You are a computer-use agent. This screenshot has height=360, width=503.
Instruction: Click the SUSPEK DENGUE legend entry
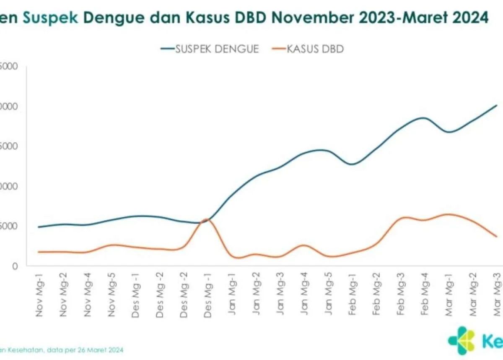tap(210, 49)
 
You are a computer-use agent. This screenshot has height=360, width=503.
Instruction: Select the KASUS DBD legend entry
tap(308, 49)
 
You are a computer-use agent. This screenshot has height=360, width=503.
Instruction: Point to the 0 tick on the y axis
tap(15, 266)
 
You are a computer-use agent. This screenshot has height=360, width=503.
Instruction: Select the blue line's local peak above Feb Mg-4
tap(423, 118)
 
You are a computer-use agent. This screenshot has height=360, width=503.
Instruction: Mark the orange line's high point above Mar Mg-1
tap(448, 214)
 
